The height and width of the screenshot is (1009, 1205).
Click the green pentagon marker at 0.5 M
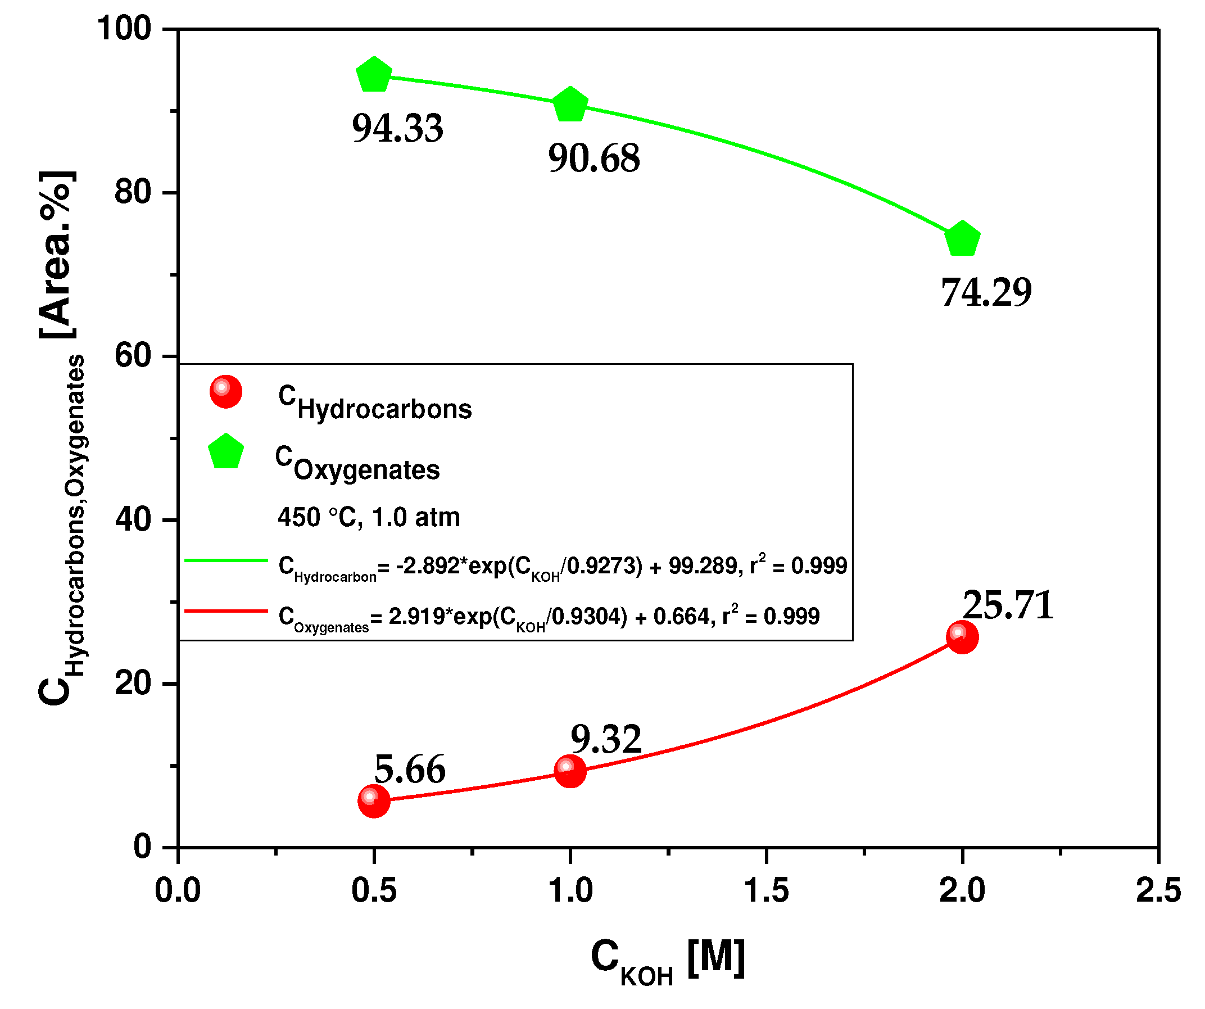(x=374, y=75)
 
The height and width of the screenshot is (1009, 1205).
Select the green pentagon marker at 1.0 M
(x=570, y=106)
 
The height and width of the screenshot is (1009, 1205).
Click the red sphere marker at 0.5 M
(x=374, y=800)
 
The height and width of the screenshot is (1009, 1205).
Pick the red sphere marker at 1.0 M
(x=570, y=770)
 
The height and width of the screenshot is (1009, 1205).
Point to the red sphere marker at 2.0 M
(x=962, y=637)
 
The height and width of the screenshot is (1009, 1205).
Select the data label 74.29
(x=985, y=292)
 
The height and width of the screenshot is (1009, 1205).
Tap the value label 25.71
(x=1008, y=605)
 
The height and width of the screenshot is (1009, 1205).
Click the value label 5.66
(x=409, y=769)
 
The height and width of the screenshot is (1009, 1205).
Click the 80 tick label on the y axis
(x=133, y=192)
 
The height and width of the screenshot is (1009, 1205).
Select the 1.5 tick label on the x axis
(x=766, y=890)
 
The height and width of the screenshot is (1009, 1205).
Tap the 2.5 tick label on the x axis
(x=1158, y=890)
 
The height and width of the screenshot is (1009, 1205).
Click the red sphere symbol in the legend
(x=225, y=392)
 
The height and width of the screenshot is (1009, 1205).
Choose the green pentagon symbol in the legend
(x=225, y=453)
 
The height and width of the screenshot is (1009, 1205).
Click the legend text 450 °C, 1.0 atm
(x=368, y=517)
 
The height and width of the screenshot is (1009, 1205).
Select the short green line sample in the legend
(x=226, y=560)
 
